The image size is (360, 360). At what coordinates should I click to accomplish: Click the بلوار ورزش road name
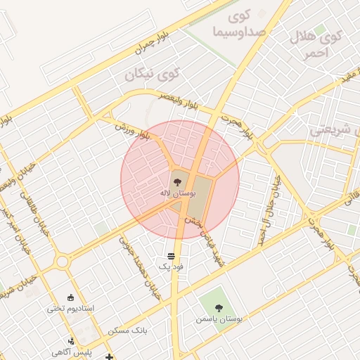134,131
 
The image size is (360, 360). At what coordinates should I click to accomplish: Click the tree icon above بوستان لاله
176,181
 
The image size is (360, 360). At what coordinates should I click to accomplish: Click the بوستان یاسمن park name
220,319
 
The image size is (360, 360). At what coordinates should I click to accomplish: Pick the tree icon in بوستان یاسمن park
219,307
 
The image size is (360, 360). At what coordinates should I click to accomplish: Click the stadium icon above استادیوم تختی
71,297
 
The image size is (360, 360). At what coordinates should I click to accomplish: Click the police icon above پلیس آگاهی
71,341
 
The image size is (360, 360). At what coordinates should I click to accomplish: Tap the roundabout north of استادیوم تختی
63,262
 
